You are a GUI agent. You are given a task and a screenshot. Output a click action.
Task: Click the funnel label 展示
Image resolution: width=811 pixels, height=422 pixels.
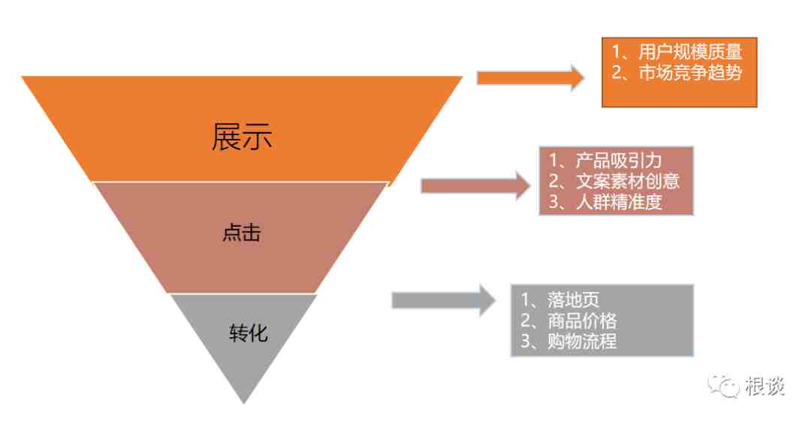242,137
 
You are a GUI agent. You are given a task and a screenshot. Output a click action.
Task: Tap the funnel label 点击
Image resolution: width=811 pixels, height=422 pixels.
242,232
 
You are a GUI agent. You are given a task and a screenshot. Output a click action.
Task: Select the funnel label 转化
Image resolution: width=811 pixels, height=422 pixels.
249,333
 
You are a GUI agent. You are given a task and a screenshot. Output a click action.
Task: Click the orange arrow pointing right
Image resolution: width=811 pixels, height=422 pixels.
530,78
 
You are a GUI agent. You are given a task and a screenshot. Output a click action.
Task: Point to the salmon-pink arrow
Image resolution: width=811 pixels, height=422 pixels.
475,185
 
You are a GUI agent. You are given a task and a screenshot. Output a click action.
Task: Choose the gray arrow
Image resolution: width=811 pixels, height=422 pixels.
444,300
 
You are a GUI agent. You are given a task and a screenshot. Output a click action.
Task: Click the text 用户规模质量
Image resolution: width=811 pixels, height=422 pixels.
690,52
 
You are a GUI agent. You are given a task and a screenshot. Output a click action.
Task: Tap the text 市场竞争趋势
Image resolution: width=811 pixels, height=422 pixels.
690,72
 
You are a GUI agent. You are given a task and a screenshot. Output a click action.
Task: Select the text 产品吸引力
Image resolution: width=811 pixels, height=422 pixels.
619,161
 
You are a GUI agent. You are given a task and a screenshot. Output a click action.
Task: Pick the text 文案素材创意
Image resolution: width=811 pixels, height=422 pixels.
627,181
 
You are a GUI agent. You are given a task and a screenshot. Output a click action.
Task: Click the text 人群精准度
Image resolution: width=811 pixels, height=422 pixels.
619,202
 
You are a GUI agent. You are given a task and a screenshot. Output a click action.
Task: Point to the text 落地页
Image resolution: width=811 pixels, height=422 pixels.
573,300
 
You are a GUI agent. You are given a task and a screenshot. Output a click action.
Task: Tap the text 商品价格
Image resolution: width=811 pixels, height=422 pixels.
582,321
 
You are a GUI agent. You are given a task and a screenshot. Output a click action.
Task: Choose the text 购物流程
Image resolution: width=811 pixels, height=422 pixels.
582,342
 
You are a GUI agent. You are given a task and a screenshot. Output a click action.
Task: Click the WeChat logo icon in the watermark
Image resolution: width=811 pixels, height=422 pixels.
724,386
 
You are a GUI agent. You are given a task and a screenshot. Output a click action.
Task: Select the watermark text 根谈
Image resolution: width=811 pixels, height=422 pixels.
764,386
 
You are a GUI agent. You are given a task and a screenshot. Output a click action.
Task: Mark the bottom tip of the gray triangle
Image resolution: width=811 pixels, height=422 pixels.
244,403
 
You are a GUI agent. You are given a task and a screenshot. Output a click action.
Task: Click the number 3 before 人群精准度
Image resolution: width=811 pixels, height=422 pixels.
554,202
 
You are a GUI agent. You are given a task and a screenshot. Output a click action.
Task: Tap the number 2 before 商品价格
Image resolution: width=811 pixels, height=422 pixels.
526,321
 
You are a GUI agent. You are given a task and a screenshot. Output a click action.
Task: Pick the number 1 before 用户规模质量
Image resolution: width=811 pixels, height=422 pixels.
617,52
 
